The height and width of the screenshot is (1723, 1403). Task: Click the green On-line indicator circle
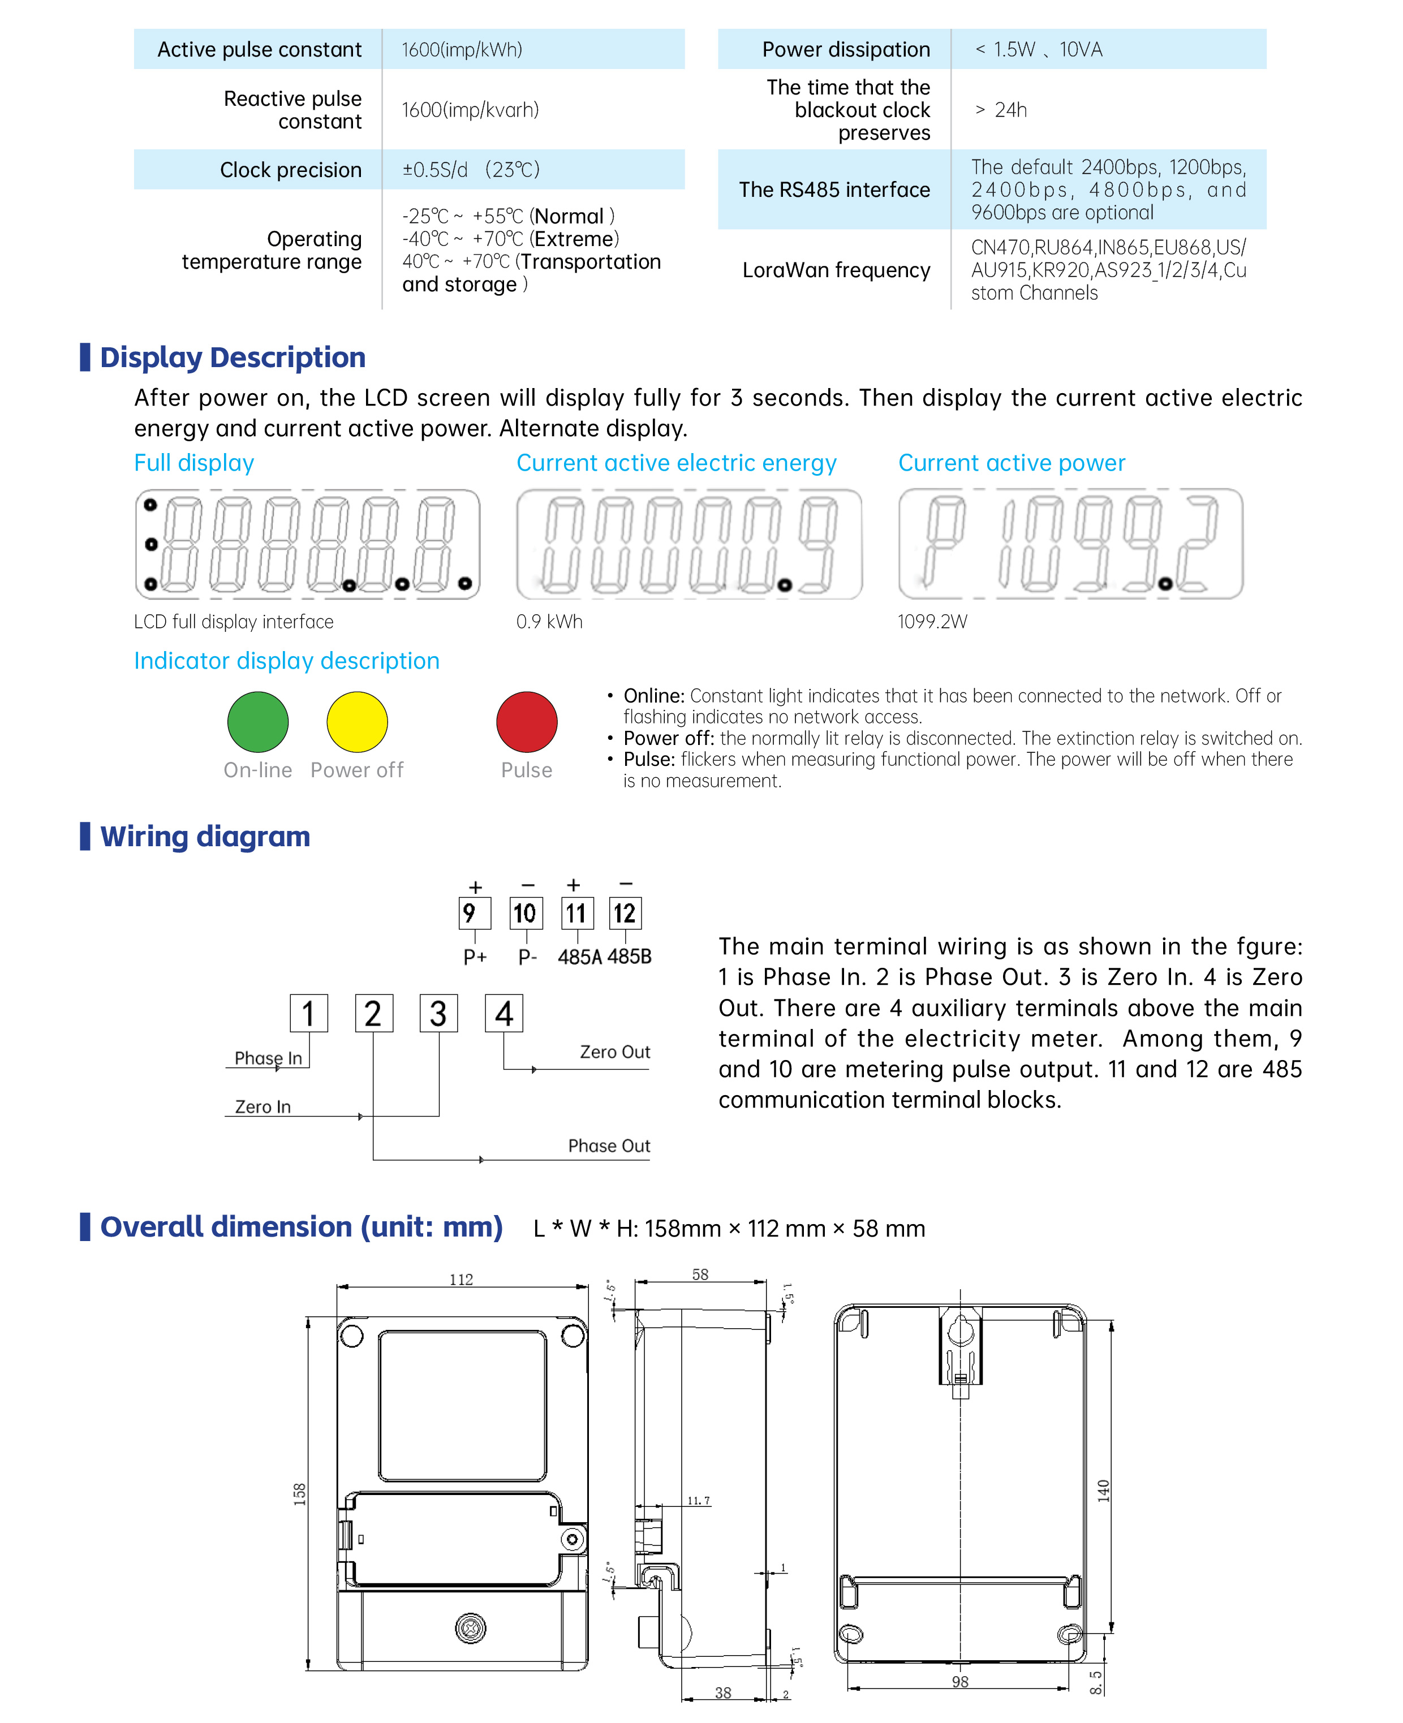pyautogui.click(x=258, y=722)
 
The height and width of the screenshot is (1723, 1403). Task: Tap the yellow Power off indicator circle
pyautogui.click(x=356, y=722)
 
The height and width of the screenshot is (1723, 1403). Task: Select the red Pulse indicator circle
pyautogui.click(x=526, y=722)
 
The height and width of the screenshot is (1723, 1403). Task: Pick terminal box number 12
pyautogui.click(x=625, y=913)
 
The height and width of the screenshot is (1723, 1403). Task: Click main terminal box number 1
pyautogui.click(x=309, y=1014)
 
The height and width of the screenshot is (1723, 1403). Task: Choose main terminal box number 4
pyautogui.click(x=503, y=1014)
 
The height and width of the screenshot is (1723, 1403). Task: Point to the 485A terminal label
pyautogui.click(x=579, y=958)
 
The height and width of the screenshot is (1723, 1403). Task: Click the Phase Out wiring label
pyautogui.click(x=609, y=1146)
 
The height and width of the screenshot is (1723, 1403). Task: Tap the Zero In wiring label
pyautogui.click(x=262, y=1107)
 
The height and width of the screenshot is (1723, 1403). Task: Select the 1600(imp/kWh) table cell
pyautogui.click(x=462, y=50)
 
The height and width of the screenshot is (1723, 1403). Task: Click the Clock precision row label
pyautogui.click(x=290, y=170)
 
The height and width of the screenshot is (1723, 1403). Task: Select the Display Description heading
pyautogui.click(x=232, y=357)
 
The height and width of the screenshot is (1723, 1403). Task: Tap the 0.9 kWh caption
pyautogui.click(x=549, y=622)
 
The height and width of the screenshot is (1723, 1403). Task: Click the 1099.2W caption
pyautogui.click(x=932, y=622)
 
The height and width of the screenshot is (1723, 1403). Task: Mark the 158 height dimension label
pyautogui.click(x=299, y=1493)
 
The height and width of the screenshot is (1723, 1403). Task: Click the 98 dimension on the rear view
pyautogui.click(x=959, y=1682)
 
